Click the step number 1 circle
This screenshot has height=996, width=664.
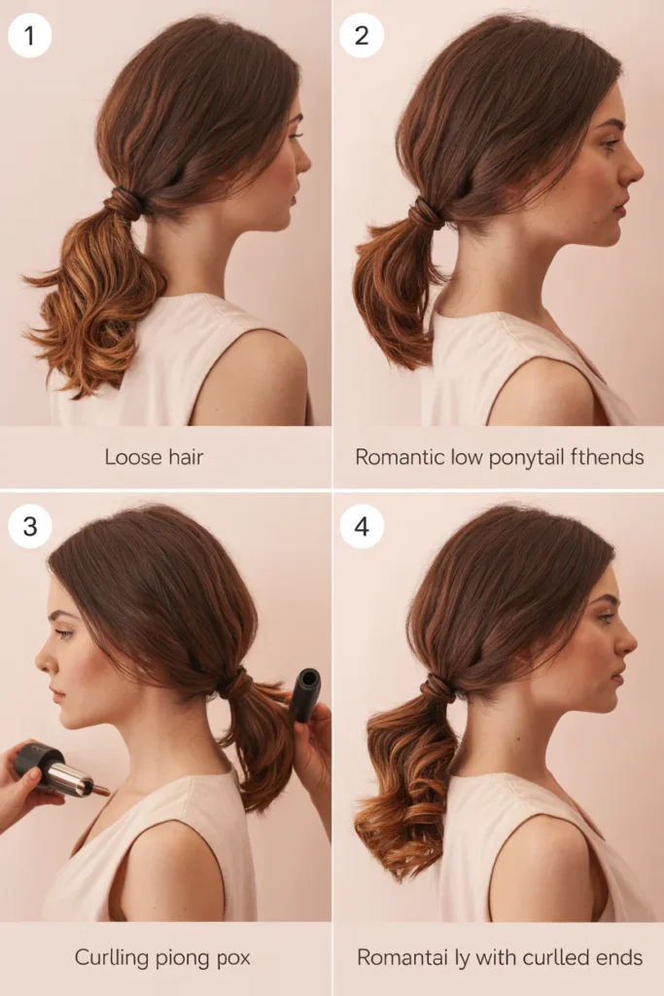tap(29, 36)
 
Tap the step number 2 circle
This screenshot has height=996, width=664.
tap(362, 36)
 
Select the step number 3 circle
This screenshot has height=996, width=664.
tap(29, 526)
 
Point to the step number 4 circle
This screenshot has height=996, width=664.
tap(362, 526)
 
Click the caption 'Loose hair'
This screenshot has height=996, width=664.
tap(154, 457)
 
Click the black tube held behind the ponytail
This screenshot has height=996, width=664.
tap(306, 694)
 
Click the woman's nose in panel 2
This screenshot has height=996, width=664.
tap(634, 170)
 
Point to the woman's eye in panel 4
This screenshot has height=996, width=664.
tap(607, 617)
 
